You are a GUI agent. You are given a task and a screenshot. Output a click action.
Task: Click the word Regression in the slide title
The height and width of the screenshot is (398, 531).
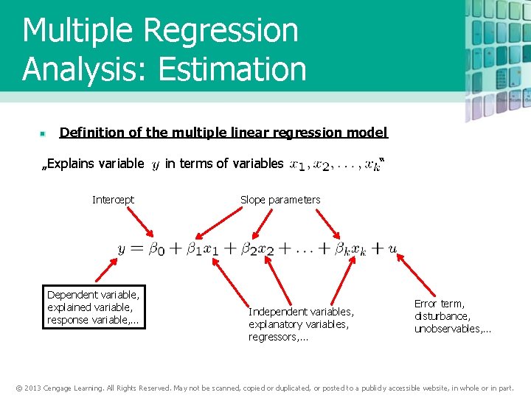pyautogui.click(x=221, y=31)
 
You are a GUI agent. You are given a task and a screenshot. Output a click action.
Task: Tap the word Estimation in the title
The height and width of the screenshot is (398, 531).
pyautogui.click(x=232, y=69)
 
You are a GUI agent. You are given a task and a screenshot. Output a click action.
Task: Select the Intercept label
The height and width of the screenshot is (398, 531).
pyautogui.click(x=113, y=200)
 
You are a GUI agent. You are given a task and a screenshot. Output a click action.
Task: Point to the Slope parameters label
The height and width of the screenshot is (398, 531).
pyautogui.click(x=280, y=200)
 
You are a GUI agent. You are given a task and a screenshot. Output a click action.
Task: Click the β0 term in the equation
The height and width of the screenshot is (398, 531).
pyautogui.click(x=156, y=249)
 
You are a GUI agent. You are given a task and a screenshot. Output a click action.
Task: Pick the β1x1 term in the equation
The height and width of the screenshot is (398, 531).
pyautogui.click(x=200, y=249)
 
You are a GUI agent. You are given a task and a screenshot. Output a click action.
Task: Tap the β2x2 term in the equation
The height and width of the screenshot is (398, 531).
pyautogui.click(x=257, y=249)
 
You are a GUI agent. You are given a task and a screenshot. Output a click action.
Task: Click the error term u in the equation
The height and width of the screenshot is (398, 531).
pyautogui.click(x=392, y=249)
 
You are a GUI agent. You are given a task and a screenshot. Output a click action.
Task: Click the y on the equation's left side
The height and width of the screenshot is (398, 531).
pyautogui.click(x=122, y=250)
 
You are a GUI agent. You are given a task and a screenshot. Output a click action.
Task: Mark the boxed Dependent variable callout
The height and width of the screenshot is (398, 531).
pyautogui.click(x=93, y=307)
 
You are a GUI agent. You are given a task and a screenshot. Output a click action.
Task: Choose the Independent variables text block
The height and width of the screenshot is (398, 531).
pyautogui.click(x=301, y=324)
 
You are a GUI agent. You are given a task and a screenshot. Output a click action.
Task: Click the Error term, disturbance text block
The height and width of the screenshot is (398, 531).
pyautogui.click(x=452, y=316)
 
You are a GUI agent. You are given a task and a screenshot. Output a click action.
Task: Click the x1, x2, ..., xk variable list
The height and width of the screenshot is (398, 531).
pyautogui.click(x=336, y=164)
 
